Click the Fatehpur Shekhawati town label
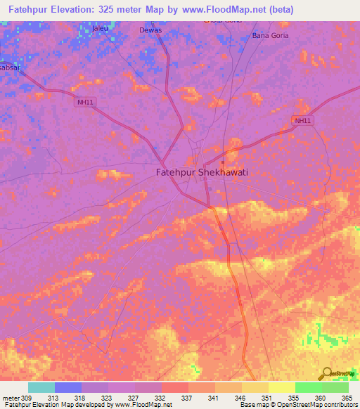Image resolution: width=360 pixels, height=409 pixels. (201, 171)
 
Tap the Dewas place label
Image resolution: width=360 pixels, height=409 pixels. (150, 30)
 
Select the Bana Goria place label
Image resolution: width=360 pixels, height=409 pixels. (270, 35)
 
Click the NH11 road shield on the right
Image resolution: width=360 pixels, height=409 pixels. (302, 121)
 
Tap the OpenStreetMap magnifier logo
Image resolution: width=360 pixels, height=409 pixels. (328, 375)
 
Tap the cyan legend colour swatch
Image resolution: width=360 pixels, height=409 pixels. (41, 387)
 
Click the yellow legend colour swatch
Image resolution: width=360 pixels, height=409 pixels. (281, 387)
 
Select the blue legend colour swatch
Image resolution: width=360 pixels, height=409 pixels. (67, 387)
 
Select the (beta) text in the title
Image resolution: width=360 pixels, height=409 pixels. (278, 9)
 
